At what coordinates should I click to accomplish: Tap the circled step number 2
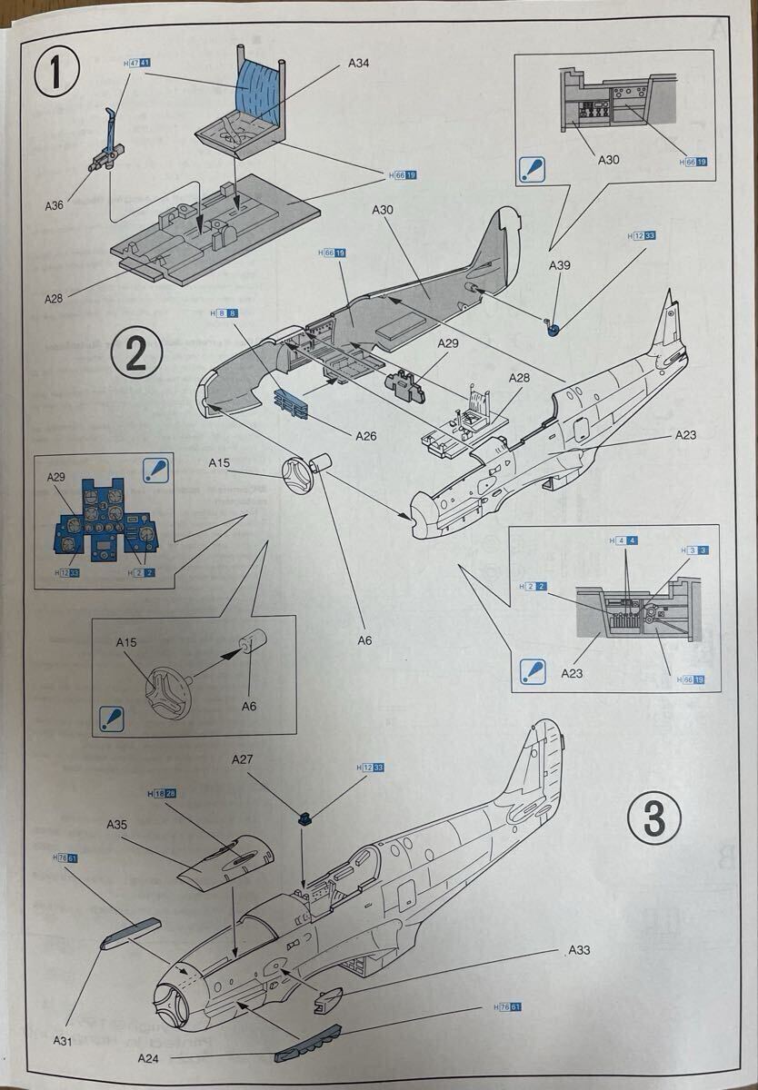[135, 353]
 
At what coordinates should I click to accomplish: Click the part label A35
[117, 825]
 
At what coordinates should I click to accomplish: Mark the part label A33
[579, 950]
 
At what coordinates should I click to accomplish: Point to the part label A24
[150, 1057]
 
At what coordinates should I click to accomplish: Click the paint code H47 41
[136, 64]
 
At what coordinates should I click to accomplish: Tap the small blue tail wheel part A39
[554, 328]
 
